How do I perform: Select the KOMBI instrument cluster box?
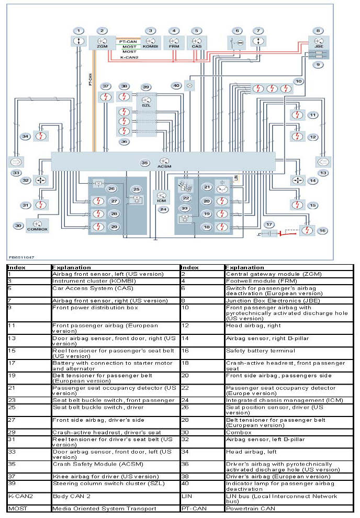(150, 42)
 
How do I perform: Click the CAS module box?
(197, 42)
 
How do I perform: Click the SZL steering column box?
(146, 101)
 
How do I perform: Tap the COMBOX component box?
(37, 226)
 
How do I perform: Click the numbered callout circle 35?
(145, 163)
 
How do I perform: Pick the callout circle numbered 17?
(269, 224)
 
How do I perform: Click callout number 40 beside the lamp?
(176, 85)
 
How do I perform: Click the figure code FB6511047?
(21, 257)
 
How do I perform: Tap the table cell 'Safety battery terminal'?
(260, 351)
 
